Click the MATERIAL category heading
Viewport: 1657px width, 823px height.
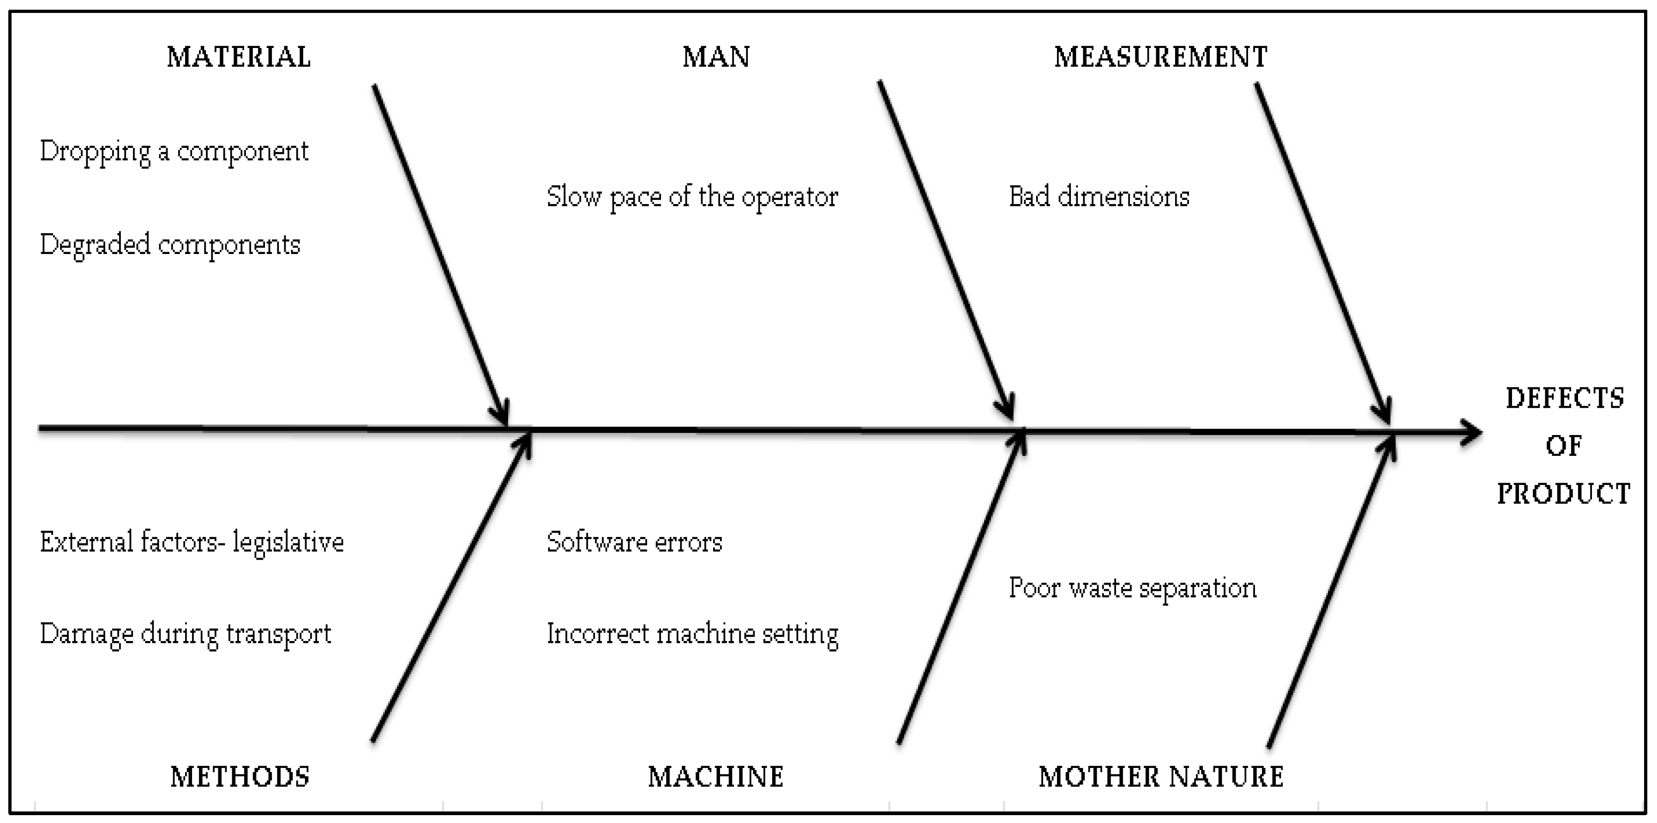click(x=239, y=57)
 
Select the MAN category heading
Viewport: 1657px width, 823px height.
click(x=716, y=57)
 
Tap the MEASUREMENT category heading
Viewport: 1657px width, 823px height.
click(x=1160, y=57)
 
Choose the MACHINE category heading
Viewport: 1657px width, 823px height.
click(x=715, y=777)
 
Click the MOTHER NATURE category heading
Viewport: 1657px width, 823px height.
click(x=1161, y=777)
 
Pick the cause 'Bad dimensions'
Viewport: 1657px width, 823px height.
click(x=1099, y=197)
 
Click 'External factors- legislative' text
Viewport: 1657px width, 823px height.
click(x=192, y=542)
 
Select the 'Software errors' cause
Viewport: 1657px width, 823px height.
click(x=634, y=542)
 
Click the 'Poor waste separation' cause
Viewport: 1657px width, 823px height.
click(x=1132, y=588)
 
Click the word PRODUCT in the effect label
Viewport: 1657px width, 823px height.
click(x=1563, y=494)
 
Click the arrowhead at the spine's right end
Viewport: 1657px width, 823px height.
click(x=1473, y=432)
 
